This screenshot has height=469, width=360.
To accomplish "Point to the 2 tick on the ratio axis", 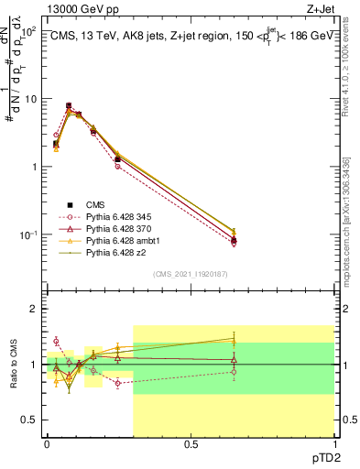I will click(x=36, y=310).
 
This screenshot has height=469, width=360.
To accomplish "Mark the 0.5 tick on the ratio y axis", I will click(x=31, y=420).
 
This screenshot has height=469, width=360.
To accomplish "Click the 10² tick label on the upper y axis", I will click(x=29, y=32).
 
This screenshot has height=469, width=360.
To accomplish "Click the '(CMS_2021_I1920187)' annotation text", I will click(x=190, y=273).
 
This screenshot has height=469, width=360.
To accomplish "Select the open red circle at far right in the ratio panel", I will click(x=234, y=372).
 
